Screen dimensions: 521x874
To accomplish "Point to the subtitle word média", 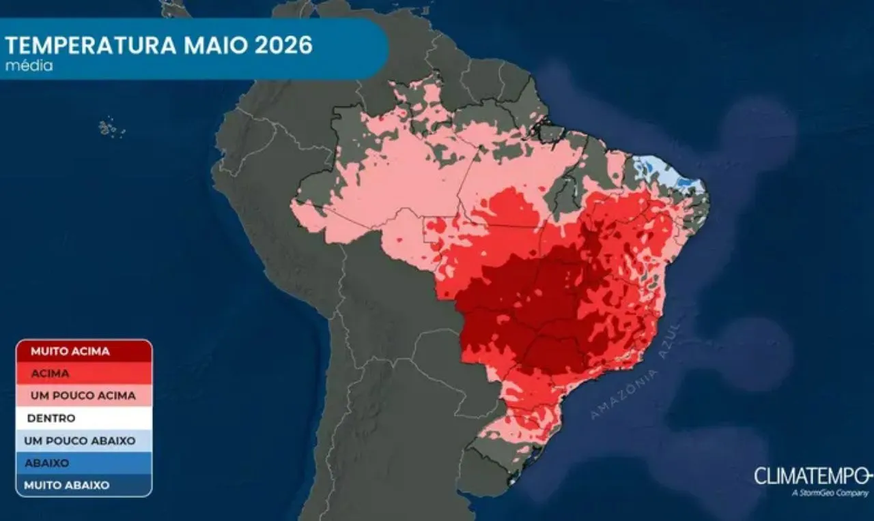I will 29,66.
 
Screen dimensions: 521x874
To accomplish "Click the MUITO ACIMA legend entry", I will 84,351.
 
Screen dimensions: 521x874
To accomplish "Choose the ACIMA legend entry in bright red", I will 84,374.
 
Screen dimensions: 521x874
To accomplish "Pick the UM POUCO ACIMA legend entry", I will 84,396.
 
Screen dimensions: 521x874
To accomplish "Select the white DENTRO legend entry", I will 84,418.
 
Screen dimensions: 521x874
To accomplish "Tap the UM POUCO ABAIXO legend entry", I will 84,441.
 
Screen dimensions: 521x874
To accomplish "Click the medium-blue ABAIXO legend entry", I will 84,463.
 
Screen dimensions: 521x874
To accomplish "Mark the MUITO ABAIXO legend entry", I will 84,485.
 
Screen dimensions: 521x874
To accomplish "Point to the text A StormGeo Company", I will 828,493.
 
